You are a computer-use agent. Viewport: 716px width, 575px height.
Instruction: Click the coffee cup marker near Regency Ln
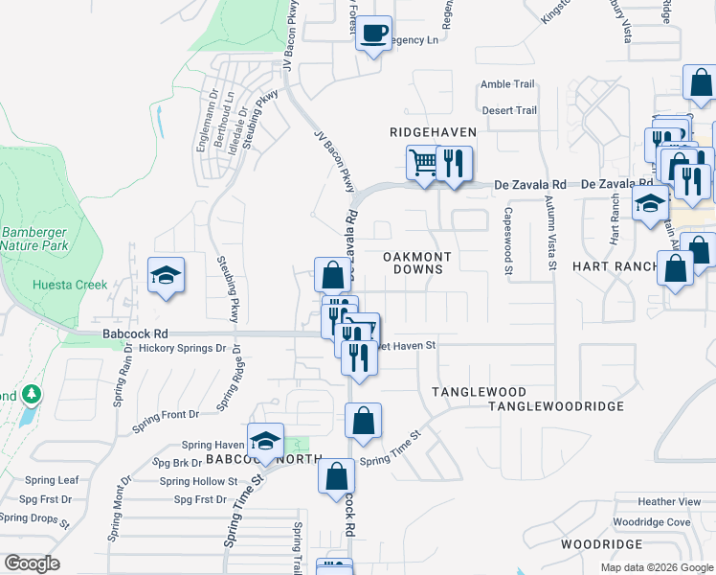coord(373,34)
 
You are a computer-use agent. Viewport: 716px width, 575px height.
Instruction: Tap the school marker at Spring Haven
coord(266,440)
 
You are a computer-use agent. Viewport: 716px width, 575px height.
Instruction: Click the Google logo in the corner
coord(32,563)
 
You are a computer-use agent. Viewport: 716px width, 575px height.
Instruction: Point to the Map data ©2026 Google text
coord(656,567)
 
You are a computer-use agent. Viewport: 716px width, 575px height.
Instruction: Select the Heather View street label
coord(670,502)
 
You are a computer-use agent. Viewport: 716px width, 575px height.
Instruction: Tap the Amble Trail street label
coord(507,84)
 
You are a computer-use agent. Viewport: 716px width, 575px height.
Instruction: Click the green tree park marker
coord(32,394)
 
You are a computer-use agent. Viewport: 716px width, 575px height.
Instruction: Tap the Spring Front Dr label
coord(166,415)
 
